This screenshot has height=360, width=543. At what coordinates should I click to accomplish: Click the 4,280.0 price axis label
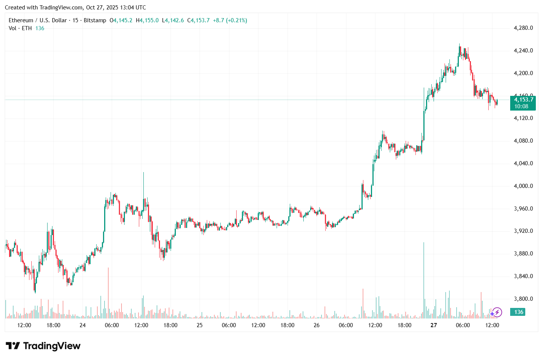click(x=523, y=28)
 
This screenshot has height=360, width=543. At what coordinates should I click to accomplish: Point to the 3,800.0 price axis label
click(x=523, y=298)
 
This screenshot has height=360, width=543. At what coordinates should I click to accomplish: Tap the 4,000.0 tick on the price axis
click(x=523, y=186)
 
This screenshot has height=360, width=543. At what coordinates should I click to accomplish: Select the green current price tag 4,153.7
click(x=523, y=103)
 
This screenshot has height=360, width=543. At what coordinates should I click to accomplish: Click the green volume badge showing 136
click(x=518, y=312)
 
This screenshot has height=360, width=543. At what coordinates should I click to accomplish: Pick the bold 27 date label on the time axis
click(x=434, y=325)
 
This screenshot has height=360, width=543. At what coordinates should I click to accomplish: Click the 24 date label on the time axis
click(x=83, y=325)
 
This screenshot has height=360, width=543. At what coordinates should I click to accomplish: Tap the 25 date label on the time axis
click(x=200, y=325)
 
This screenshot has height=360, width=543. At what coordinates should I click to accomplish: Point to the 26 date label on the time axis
click(x=317, y=325)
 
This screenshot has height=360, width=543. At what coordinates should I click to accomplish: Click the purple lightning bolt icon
click(x=497, y=312)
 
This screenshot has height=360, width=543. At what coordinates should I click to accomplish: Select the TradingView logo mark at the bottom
click(x=12, y=346)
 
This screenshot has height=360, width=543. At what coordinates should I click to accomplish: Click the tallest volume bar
click(x=424, y=280)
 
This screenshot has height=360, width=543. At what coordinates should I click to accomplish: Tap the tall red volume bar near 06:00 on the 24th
click(x=108, y=293)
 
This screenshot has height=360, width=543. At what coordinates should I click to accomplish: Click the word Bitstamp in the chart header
click(x=95, y=20)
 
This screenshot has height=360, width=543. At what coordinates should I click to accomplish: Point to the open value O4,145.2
click(x=121, y=20)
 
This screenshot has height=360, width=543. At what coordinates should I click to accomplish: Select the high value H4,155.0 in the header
click(x=147, y=20)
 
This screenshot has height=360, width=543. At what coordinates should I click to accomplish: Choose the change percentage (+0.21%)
click(x=236, y=20)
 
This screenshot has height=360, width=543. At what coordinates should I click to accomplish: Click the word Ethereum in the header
click(x=21, y=20)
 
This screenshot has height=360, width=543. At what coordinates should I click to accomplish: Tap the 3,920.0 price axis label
click(x=523, y=231)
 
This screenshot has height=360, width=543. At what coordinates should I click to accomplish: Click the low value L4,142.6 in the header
click(x=173, y=20)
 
